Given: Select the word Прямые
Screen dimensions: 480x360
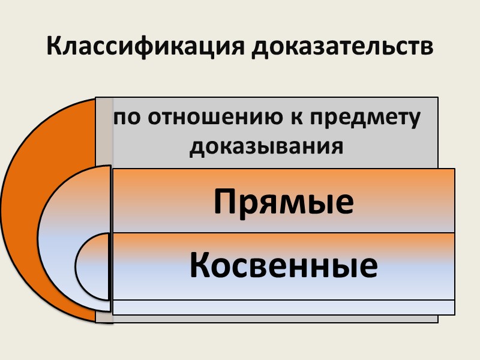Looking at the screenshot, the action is pyautogui.click(x=284, y=202).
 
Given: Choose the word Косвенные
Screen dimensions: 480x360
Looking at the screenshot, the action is pyautogui.click(x=284, y=266).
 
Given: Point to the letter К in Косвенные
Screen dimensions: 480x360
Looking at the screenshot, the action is pyautogui.click(x=202, y=266).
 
